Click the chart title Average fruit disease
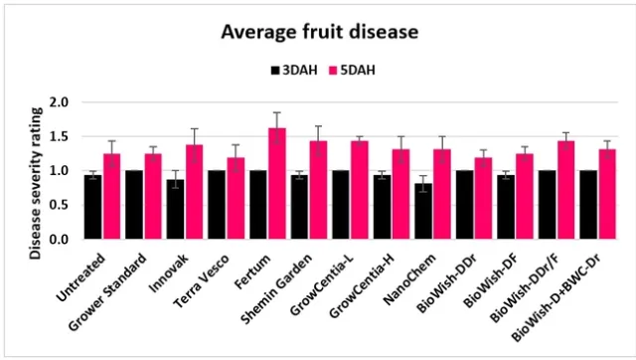tap(319, 32)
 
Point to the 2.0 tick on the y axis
tap(59, 102)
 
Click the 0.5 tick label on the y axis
tap(59, 205)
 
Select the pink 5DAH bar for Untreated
tap(111, 197)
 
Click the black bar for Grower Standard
tap(134, 205)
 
